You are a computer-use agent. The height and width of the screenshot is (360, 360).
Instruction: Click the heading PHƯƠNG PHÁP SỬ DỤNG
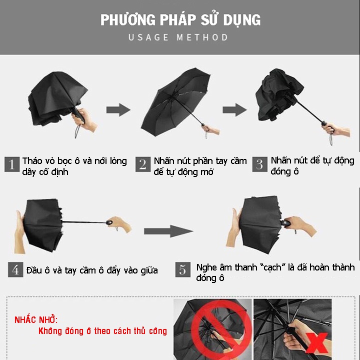[180, 20]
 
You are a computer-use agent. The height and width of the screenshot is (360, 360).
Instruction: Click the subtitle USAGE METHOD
[178, 37]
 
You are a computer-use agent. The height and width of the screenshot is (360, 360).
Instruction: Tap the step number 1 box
[12, 164]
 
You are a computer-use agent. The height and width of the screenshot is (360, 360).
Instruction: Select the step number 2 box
[143, 164]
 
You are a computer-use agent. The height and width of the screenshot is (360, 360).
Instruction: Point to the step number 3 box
[259, 164]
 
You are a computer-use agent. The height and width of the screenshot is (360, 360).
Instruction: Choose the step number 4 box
[15, 270]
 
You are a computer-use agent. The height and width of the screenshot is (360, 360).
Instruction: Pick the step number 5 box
[182, 270]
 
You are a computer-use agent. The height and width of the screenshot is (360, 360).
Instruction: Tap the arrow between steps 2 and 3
[234, 109]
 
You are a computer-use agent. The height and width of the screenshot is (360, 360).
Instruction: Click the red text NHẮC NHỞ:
[36, 319]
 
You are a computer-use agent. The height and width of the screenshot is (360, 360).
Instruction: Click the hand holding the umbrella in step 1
[86, 120]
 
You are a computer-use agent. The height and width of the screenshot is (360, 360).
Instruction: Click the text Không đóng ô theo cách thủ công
[102, 331]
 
